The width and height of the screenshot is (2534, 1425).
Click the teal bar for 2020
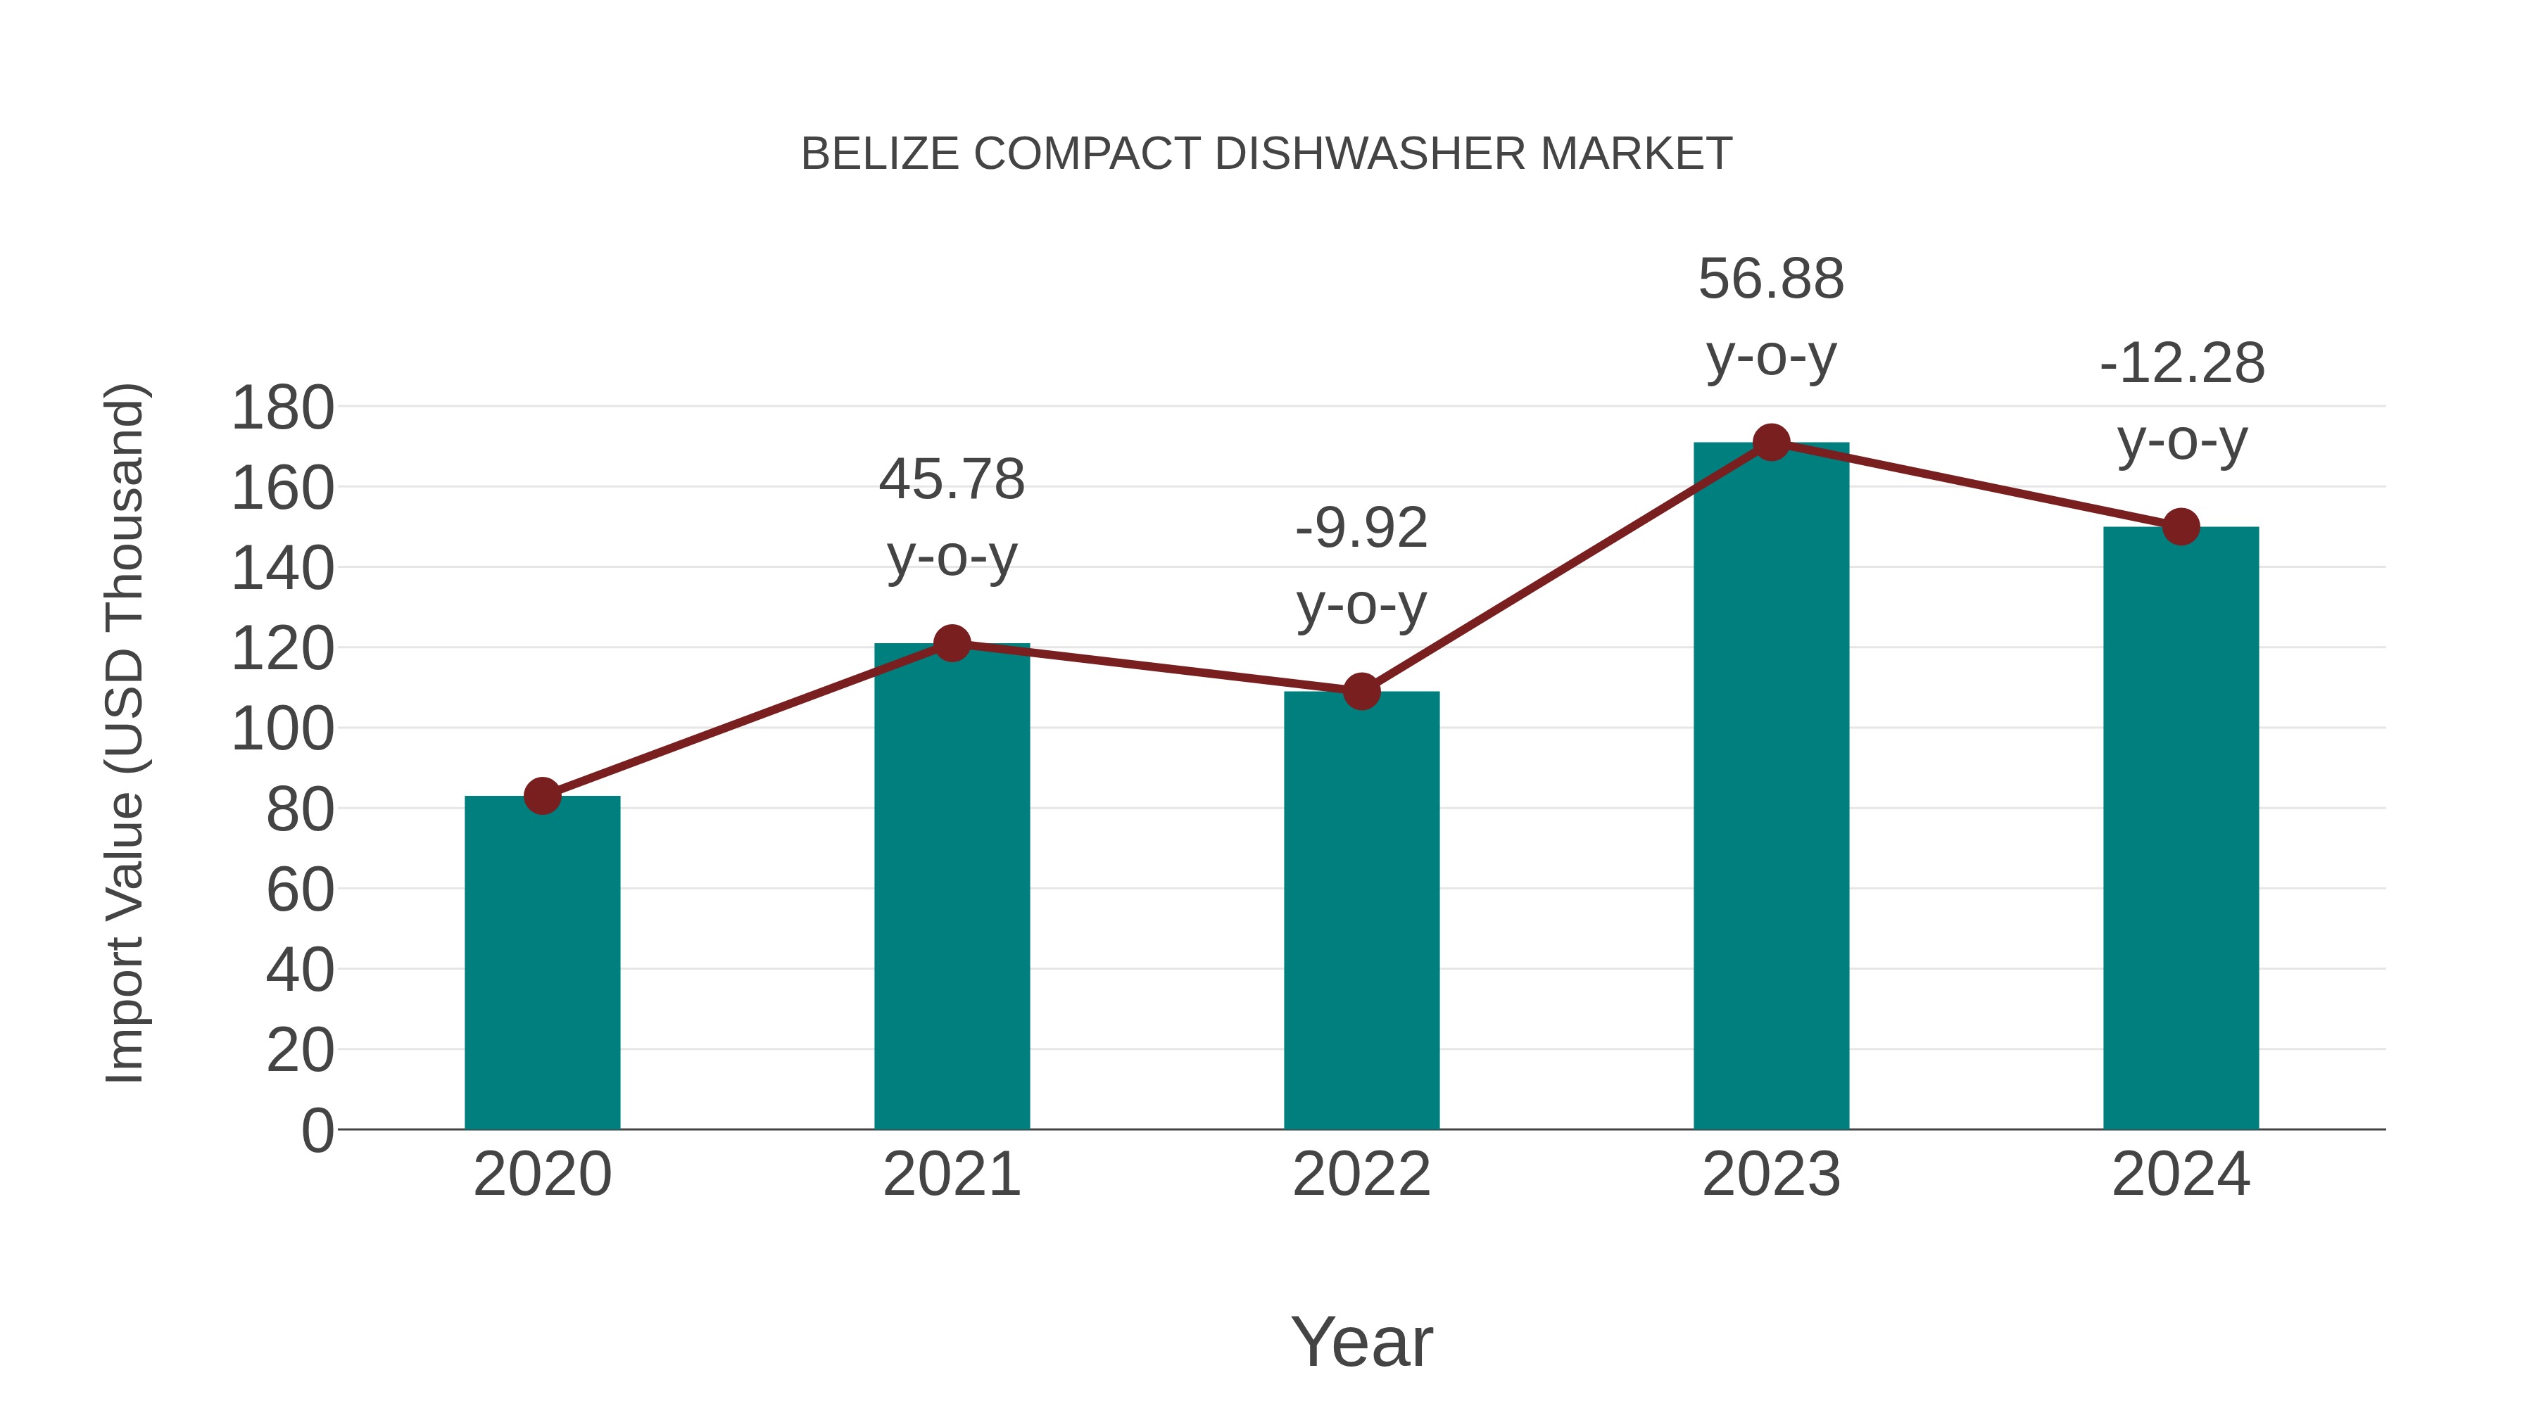(x=542, y=964)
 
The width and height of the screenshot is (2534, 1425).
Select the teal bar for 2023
(x=1771, y=787)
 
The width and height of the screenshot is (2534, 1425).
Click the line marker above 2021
(x=951, y=644)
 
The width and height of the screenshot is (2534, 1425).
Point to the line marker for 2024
(x=2181, y=527)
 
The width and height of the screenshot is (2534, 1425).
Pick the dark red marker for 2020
(x=542, y=796)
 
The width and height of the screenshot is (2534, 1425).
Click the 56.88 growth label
(x=1771, y=279)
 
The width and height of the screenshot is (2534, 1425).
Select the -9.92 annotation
(x=1361, y=529)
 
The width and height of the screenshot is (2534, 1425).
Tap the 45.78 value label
(x=951, y=481)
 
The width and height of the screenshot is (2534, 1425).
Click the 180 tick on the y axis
(x=282, y=408)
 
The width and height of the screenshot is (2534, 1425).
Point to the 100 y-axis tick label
(x=282, y=730)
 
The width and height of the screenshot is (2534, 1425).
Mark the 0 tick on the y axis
(x=317, y=1131)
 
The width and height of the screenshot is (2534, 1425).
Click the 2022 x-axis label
(x=1361, y=1175)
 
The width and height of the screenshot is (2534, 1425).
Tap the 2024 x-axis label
(x=2181, y=1175)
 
